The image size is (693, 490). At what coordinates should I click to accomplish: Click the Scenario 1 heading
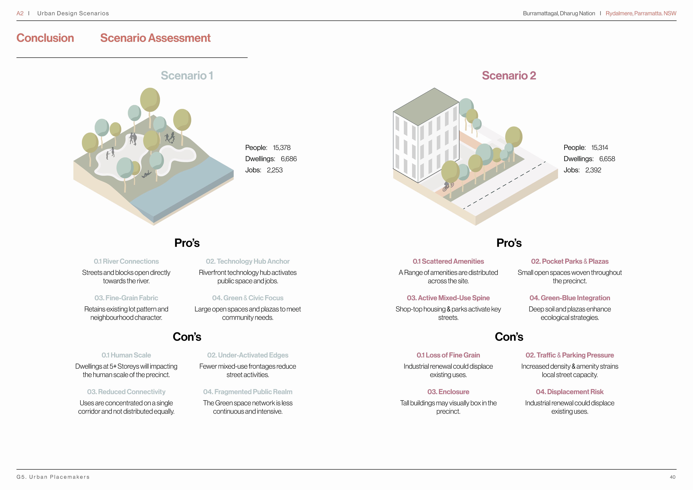(x=187, y=75)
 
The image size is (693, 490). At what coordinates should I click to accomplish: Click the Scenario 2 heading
(x=509, y=75)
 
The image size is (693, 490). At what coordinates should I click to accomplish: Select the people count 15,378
(x=282, y=148)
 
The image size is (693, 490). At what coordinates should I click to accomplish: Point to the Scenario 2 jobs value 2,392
(x=593, y=170)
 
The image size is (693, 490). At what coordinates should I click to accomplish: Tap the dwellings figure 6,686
(x=289, y=159)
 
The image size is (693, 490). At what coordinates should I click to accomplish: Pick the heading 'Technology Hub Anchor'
(x=247, y=261)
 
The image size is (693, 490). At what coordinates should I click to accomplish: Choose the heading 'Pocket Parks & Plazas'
(x=569, y=261)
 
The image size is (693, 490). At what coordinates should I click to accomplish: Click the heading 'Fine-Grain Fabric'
(x=126, y=298)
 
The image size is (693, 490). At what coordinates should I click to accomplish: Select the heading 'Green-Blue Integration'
(x=569, y=298)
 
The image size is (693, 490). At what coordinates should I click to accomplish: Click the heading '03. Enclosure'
(x=448, y=392)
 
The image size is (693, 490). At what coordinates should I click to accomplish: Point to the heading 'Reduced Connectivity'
(x=126, y=392)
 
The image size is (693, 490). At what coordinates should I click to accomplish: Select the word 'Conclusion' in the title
(x=45, y=38)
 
